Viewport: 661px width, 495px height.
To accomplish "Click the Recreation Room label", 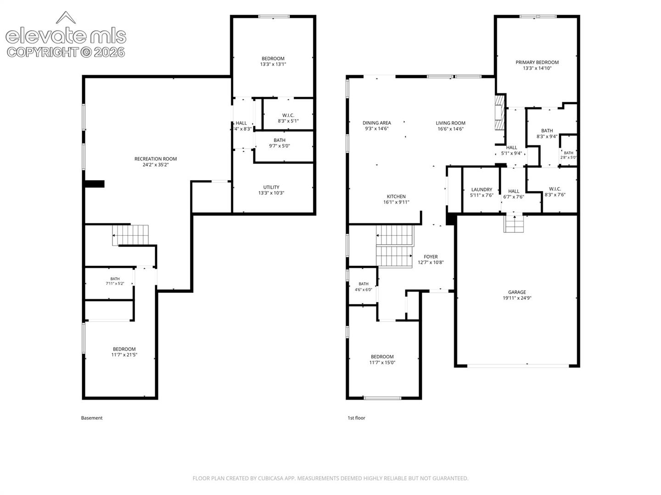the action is (156, 159).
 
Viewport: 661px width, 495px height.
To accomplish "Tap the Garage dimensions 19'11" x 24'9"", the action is (517, 298).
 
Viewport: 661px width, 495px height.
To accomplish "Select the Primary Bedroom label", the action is (537, 62).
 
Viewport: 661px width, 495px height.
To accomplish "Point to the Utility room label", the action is (271, 187).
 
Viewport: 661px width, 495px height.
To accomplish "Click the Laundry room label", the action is (482, 189).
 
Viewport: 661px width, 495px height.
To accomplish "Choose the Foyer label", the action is (431, 256).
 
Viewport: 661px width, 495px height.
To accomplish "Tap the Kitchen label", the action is (396, 196).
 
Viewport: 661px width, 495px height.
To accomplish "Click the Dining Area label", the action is (376, 123).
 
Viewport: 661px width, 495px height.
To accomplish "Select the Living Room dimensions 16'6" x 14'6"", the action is (450, 129).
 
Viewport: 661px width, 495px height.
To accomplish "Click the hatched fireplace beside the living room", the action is (499, 113).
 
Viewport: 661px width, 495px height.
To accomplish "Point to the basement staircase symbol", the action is (130, 235).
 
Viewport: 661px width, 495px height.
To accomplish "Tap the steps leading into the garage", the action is (514, 224).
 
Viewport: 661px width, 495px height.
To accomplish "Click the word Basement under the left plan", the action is (91, 418).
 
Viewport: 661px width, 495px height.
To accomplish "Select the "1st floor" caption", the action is (356, 418).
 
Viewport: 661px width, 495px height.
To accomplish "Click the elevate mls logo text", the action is (66, 36).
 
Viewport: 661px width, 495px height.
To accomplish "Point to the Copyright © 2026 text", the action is (66, 52).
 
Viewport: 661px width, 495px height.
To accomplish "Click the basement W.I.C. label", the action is (288, 115).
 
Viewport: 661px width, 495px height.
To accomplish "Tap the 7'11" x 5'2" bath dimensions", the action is (115, 283).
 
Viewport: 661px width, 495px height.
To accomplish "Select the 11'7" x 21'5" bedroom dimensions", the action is (124, 355).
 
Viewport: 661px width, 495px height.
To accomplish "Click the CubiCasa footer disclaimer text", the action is (330, 478).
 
